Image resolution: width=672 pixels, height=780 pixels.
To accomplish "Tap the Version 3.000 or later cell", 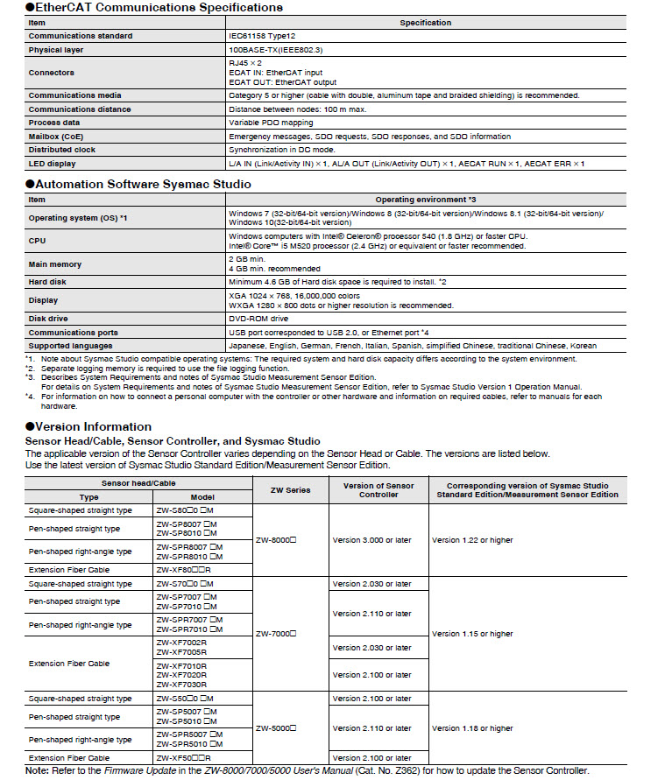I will pyautogui.click(x=371, y=540).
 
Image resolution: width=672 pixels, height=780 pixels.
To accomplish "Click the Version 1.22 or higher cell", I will pyautogui.click(x=472, y=540).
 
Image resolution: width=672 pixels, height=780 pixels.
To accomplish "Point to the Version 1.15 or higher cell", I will pyautogui.click(x=472, y=633).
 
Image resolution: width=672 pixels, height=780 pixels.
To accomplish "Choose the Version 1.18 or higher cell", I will pyautogui.click(x=472, y=727).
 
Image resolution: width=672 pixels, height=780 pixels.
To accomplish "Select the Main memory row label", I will pyautogui.click(x=54, y=264).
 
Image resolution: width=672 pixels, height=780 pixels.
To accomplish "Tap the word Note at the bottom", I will pyautogui.click(x=36, y=770).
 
